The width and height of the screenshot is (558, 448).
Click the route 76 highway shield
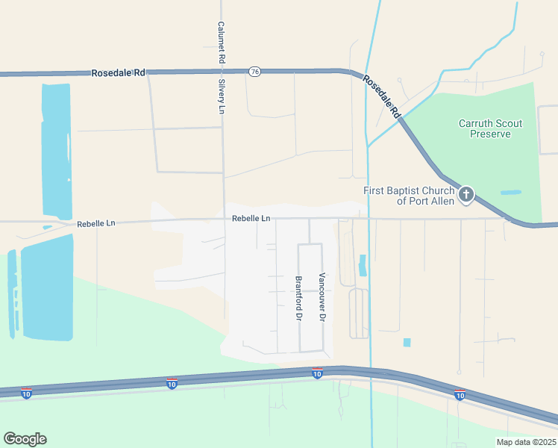pyautogui.click(x=255, y=71)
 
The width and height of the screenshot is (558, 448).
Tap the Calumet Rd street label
pyautogui.click(x=221, y=41)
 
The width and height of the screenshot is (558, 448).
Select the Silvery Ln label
pyautogui.click(x=221, y=96)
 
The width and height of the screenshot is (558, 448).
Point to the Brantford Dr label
pyautogui.click(x=298, y=299)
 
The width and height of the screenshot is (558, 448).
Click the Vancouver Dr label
pyautogui.click(x=322, y=296)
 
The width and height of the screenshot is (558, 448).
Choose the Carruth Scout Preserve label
pyautogui.click(x=490, y=128)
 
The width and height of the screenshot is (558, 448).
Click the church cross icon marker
pyautogui.click(x=465, y=196)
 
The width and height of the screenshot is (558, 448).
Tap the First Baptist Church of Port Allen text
pyautogui.click(x=408, y=196)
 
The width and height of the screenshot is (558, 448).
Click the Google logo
pyautogui.click(x=25, y=439)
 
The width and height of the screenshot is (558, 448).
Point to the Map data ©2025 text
pyautogui.click(x=525, y=441)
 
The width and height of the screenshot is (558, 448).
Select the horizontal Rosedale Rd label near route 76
pyautogui.click(x=118, y=73)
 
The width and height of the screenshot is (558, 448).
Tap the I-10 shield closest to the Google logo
pyautogui.click(x=26, y=393)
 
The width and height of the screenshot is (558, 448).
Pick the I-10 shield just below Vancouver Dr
pyautogui.click(x=317, y=373)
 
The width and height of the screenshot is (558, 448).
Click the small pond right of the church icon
pyautogui.click(x=511, y=193)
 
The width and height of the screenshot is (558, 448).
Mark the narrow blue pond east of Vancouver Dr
pyautogui.click(x=363, y=265)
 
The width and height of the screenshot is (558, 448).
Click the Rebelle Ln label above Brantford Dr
pyautogui.click(x=251, y=218)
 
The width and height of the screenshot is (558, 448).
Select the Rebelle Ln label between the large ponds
pyautogui.click(x=96, y=223)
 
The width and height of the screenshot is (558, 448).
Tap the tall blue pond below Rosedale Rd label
pyautogui.click(x=56, y=149)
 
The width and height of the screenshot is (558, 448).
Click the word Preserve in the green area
pyautogui.click(x=490, y=134)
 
